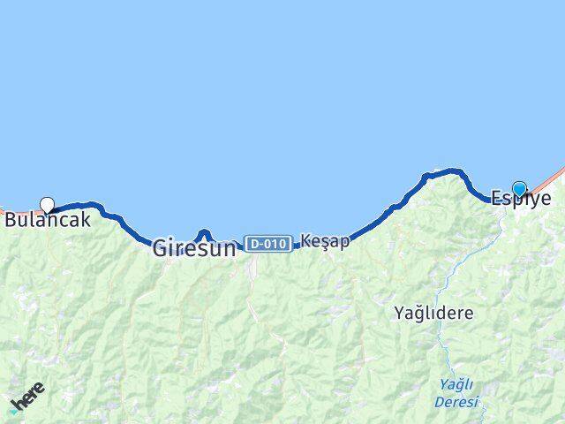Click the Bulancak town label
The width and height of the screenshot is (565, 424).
(x=48, y=221)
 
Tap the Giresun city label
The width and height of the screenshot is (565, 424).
(x=194, y=248)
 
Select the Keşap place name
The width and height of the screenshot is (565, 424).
(x=325, y=240)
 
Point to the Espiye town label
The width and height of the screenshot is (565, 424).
(x=521, y=199)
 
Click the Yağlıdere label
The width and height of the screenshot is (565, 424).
(x=433, y=313)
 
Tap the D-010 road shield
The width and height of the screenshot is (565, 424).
(x=268, y=243)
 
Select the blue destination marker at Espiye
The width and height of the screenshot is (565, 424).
(x=519, y=188)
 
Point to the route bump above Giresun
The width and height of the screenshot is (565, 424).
(x=204, y=232)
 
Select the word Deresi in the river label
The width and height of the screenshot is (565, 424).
(x=456, y=402)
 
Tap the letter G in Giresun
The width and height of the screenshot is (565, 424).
(x=161, y=248)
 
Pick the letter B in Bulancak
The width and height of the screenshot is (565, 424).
(x=11, y=221)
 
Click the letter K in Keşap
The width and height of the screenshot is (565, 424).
(x=305, y=240)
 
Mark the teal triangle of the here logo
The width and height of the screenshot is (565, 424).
(x=12, y=410)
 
